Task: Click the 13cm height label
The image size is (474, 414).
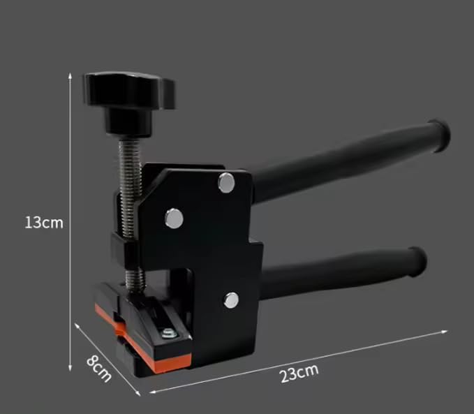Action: click(x=44, y=223)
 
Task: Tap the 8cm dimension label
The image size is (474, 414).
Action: click(x=99, y=369)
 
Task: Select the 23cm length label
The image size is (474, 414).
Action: click(x=299, y=374)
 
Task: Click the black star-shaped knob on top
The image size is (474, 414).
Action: click(x=129, y=90)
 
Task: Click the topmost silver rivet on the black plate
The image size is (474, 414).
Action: click(x=226, y=182)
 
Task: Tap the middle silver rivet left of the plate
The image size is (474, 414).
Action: click(x=174, y=219)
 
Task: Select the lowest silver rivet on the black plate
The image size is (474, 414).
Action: click(x=231, y=300)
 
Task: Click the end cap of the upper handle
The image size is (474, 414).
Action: click(x=440, y=135)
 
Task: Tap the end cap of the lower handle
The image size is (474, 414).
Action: click(x=417, y=262)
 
